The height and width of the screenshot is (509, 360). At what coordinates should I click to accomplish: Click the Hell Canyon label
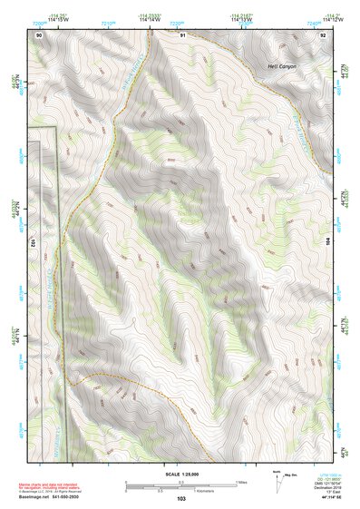[281, 67]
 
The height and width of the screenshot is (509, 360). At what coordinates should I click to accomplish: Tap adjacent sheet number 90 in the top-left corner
[39, 34]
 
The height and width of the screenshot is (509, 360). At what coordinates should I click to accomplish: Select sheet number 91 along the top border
[183, 34]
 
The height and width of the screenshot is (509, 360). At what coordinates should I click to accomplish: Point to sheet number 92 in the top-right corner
[324, 34]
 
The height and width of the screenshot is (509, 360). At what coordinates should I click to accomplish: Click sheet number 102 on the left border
[32, 243]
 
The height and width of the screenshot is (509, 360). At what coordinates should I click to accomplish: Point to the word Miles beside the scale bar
[241, 482]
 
